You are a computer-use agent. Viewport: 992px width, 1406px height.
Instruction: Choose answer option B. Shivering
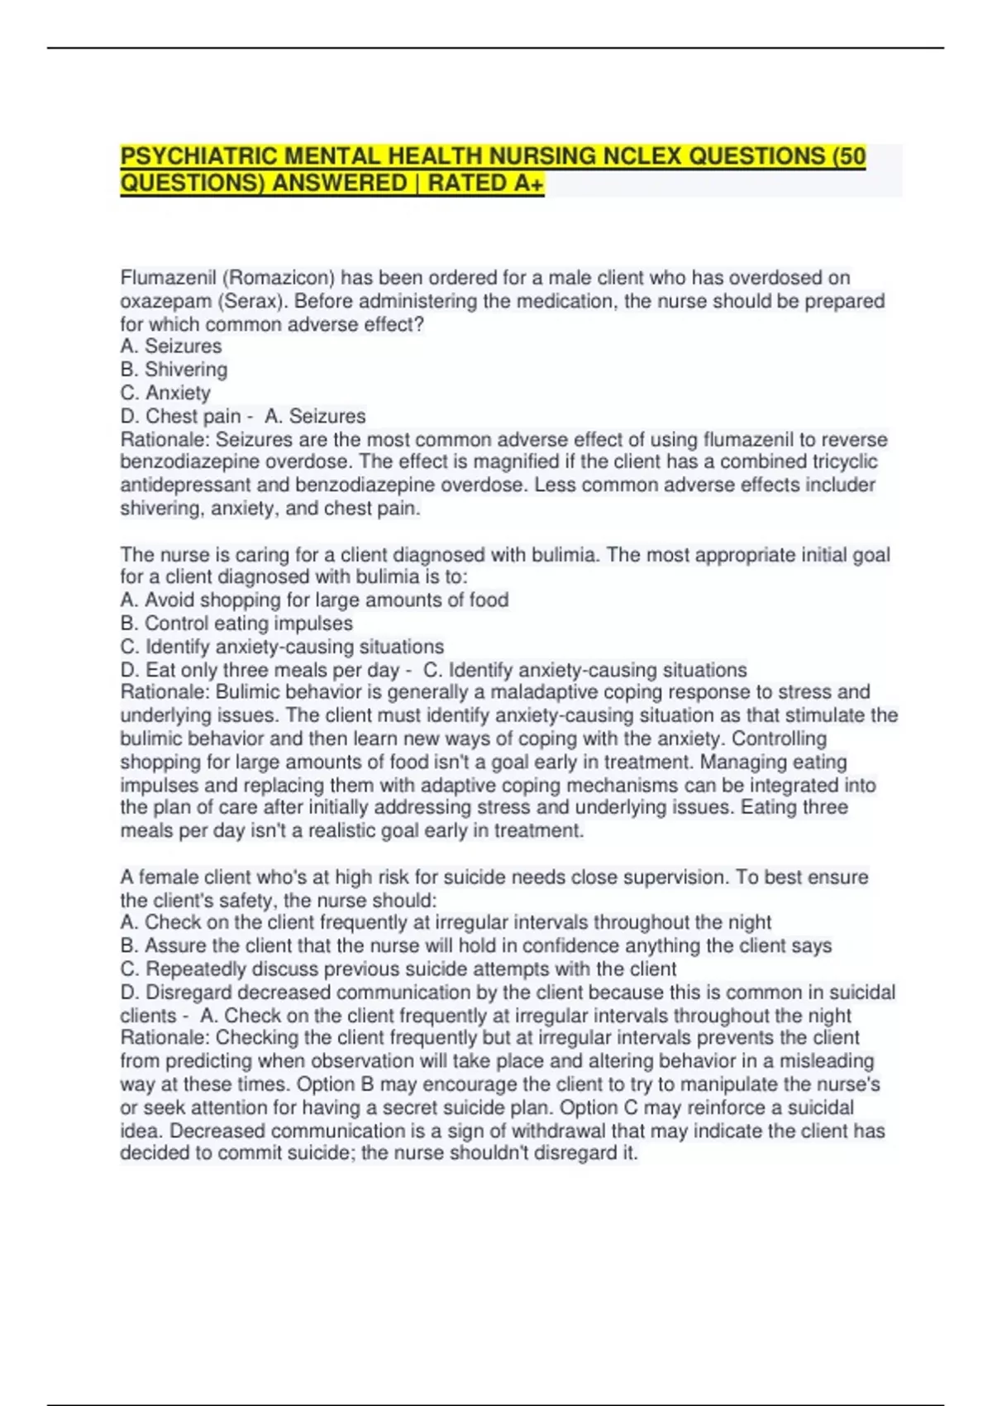(x=174, y=370)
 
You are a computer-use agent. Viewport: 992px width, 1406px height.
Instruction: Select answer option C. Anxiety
(x=165, y=393)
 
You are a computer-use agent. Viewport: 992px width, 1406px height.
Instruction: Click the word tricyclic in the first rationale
(x=844, y=462)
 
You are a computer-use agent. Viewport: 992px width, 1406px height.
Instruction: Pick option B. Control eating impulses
(x=236, y=624)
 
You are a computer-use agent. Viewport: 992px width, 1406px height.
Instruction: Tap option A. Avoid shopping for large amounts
(x=314, y=600)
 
